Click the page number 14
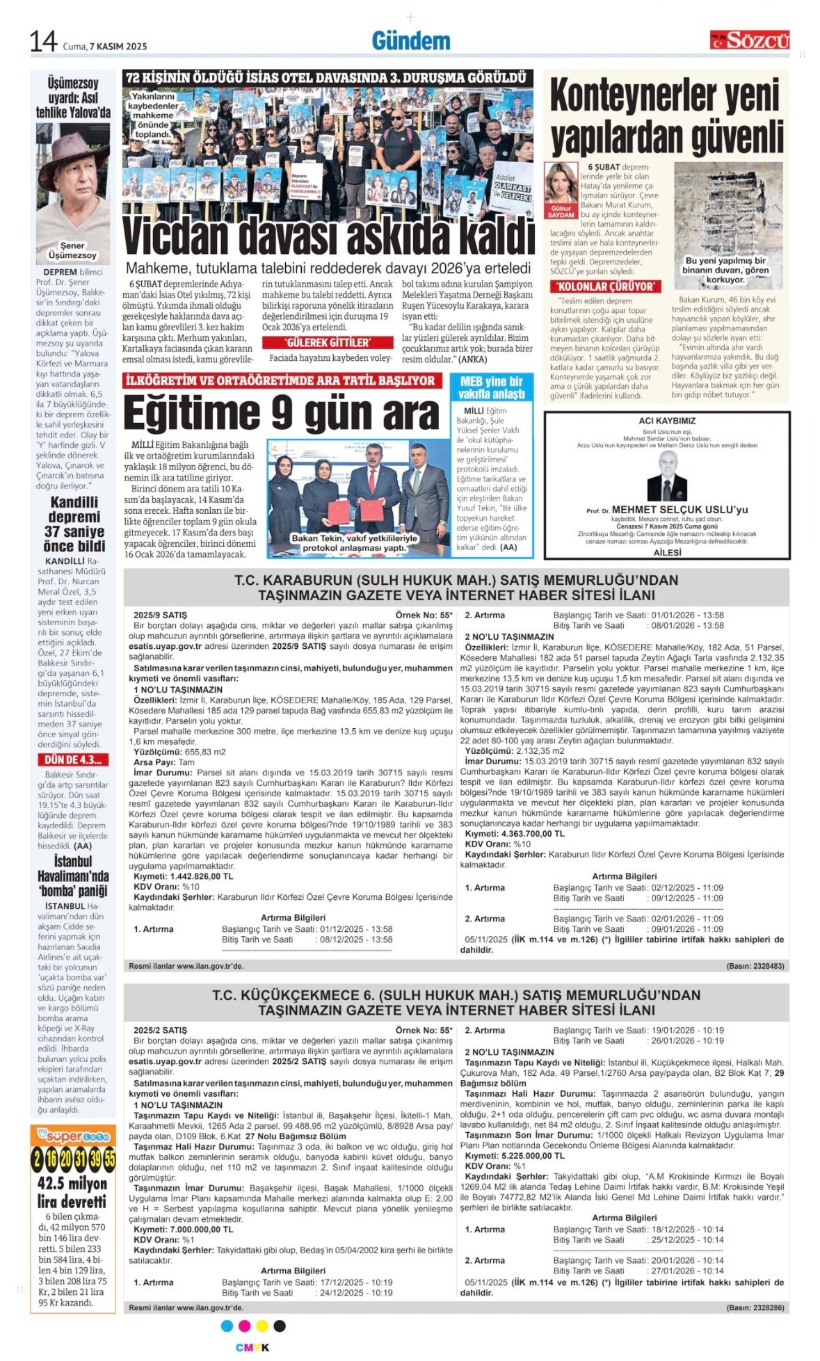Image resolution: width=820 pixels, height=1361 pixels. [x=42, y=42]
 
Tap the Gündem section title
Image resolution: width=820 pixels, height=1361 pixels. [x=410, y=41]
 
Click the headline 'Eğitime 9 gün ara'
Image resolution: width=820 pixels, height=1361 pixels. [x=281, y=414]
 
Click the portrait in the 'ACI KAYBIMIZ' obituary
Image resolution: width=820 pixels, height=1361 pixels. [x=666, y=476]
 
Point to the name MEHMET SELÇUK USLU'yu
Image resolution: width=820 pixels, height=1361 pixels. [x=680, y=510]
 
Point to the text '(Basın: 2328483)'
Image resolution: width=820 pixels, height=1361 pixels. [x=755, y=966]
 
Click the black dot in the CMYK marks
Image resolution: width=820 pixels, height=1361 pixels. [x=280, y=1326]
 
